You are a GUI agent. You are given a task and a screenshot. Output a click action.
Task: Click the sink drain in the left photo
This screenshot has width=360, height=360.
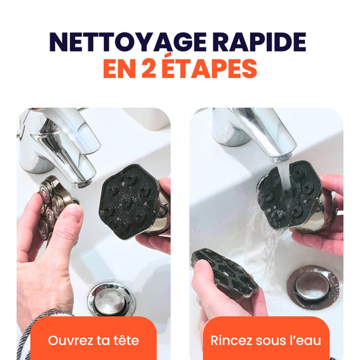111,299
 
